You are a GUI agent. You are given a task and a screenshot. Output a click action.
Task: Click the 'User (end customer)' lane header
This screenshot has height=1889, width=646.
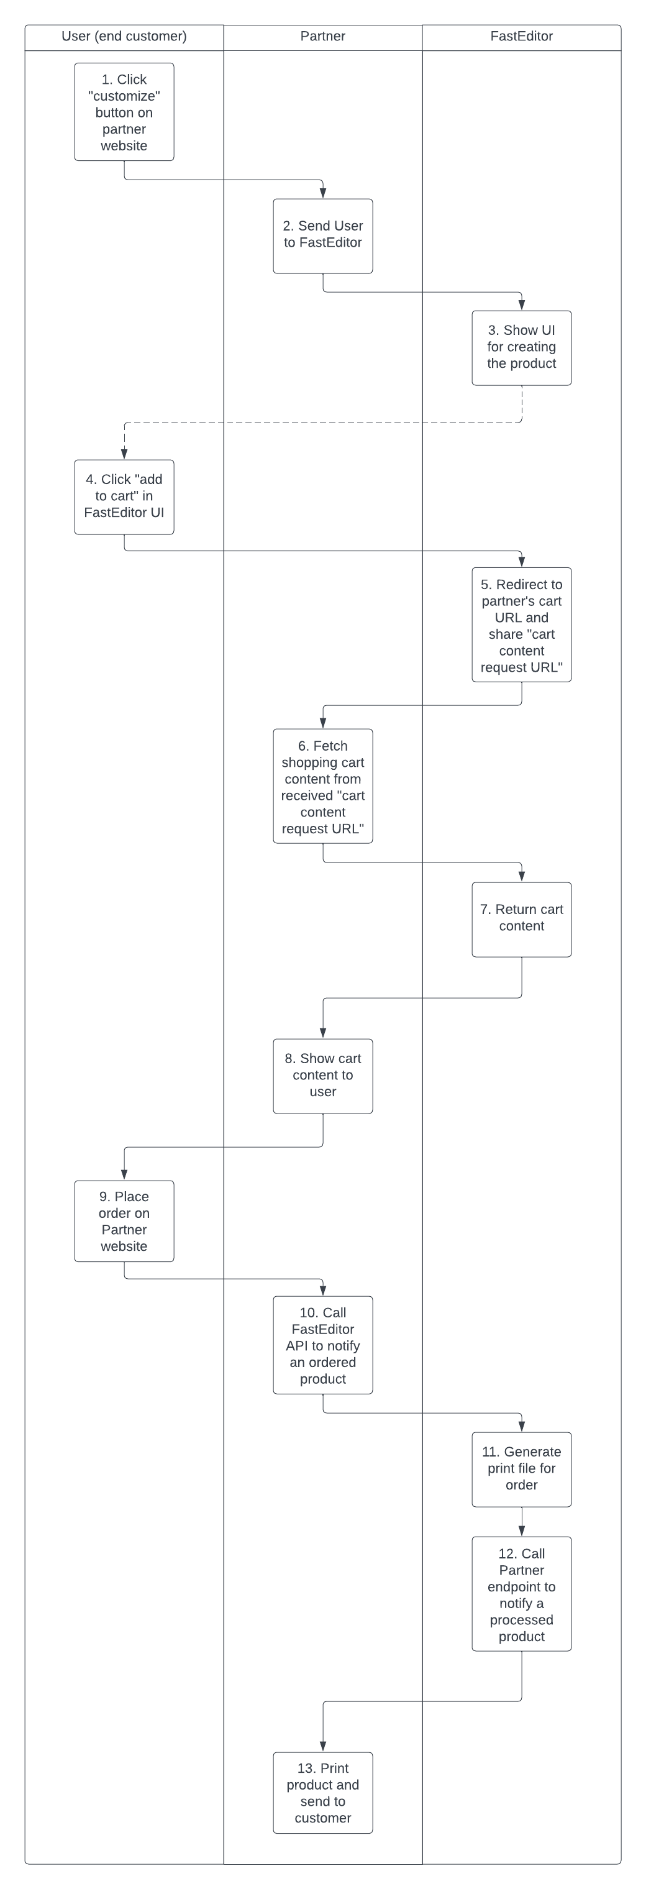tap(124, 37)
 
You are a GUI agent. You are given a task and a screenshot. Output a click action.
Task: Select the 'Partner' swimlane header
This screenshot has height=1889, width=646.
tap(322, 37)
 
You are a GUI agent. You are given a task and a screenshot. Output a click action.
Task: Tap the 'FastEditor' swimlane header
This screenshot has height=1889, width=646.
tap(521, 37)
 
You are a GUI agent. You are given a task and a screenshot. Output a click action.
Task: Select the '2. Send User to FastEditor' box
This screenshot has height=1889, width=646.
tap(322, 236)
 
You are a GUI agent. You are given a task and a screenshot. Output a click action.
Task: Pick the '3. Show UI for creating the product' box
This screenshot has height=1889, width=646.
tap(521, 347)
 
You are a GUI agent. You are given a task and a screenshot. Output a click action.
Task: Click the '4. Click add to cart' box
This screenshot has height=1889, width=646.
tap(124, 497)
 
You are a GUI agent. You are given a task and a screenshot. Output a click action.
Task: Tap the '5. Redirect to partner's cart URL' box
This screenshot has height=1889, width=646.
tap(521, 624)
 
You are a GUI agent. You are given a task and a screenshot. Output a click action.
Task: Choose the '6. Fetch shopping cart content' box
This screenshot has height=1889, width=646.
tap(322, 786)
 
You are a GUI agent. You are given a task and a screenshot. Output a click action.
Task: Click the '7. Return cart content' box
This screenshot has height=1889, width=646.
tap(521, 920)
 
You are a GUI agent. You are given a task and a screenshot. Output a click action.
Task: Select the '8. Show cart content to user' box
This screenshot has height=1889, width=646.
tap(322, 1076)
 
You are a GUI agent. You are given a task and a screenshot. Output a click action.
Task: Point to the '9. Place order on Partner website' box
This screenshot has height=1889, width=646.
tap(124, 1221)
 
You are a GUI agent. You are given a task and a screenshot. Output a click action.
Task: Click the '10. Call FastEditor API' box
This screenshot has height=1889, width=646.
tap(322, 1345)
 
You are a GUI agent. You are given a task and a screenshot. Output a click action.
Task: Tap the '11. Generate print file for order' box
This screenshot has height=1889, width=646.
tap(521, 1470)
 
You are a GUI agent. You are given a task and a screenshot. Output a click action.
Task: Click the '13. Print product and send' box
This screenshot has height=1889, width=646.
tap(322, 1793)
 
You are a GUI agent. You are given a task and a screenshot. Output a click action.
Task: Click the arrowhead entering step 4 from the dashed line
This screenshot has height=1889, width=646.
tap(125, 454)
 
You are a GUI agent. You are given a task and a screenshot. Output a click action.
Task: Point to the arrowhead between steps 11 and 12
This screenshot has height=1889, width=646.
tap(522, 1531)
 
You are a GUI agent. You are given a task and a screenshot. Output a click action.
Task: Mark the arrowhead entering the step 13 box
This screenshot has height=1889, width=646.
tap(322, 1747)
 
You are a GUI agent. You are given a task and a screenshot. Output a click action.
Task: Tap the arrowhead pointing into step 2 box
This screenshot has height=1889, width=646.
tap(322, 193)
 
